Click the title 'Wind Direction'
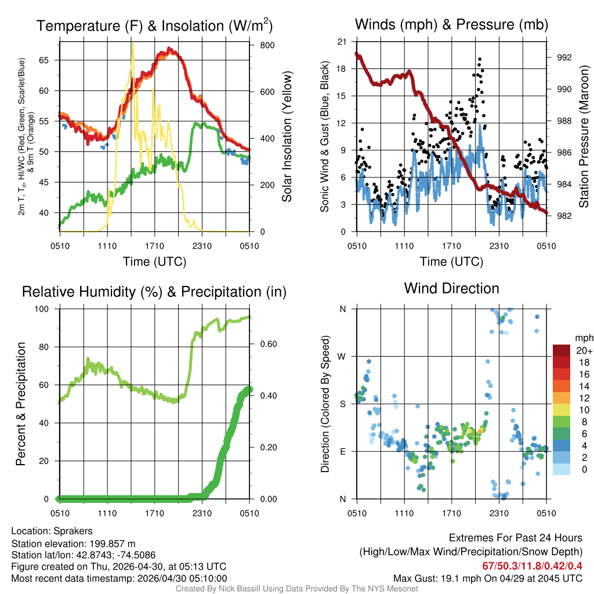(451, 288)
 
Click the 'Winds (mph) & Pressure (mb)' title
(451, 25)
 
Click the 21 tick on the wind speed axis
(342, 41)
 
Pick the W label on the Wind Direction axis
(343, 356)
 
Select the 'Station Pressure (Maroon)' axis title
(584, 137)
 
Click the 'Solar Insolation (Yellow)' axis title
(287, 137)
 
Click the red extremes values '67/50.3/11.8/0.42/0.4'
(532, 566)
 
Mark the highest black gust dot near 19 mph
(480, 59)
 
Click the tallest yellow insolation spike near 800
(133, 44)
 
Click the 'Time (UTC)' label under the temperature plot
(154, 262)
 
